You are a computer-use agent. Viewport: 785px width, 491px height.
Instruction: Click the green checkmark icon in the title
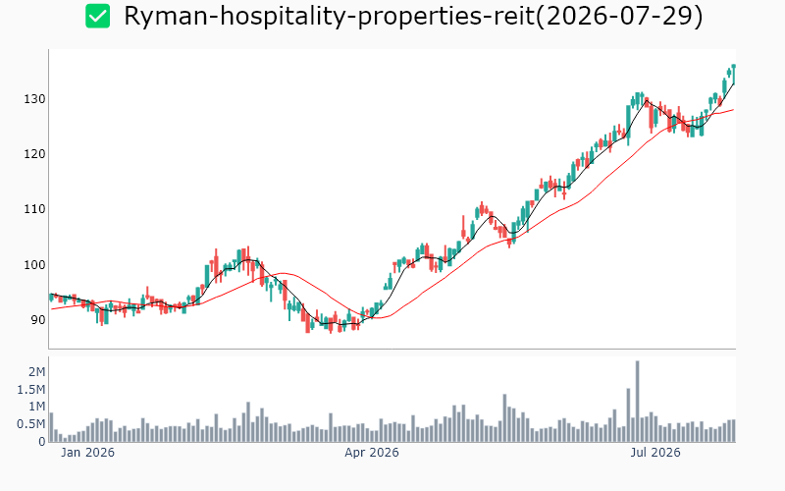97,16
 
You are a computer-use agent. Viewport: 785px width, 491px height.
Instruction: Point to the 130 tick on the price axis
34,99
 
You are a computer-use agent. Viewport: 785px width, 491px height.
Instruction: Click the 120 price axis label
34,154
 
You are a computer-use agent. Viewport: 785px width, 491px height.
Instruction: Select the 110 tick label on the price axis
34,209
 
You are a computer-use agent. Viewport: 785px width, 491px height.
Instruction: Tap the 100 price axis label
34,264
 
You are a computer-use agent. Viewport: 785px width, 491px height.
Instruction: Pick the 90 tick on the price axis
38,320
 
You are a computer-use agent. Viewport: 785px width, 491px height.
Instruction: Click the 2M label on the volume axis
36,372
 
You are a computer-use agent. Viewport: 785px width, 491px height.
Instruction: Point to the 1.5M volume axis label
31,390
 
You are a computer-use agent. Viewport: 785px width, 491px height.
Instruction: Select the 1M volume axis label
36,407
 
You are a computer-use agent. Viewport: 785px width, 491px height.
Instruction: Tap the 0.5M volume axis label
31,424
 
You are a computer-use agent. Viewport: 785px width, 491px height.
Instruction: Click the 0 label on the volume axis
42,442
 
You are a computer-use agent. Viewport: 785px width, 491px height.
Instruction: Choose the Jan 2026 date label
87,453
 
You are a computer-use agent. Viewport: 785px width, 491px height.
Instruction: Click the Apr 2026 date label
372,453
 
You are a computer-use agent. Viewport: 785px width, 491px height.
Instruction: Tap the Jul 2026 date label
655,453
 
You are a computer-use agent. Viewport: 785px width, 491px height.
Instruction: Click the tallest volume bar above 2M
637,402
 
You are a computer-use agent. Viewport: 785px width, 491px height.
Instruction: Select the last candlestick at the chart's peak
733,75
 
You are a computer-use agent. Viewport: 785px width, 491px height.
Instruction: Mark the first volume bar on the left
51,427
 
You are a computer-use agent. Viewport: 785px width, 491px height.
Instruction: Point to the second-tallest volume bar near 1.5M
628,414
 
